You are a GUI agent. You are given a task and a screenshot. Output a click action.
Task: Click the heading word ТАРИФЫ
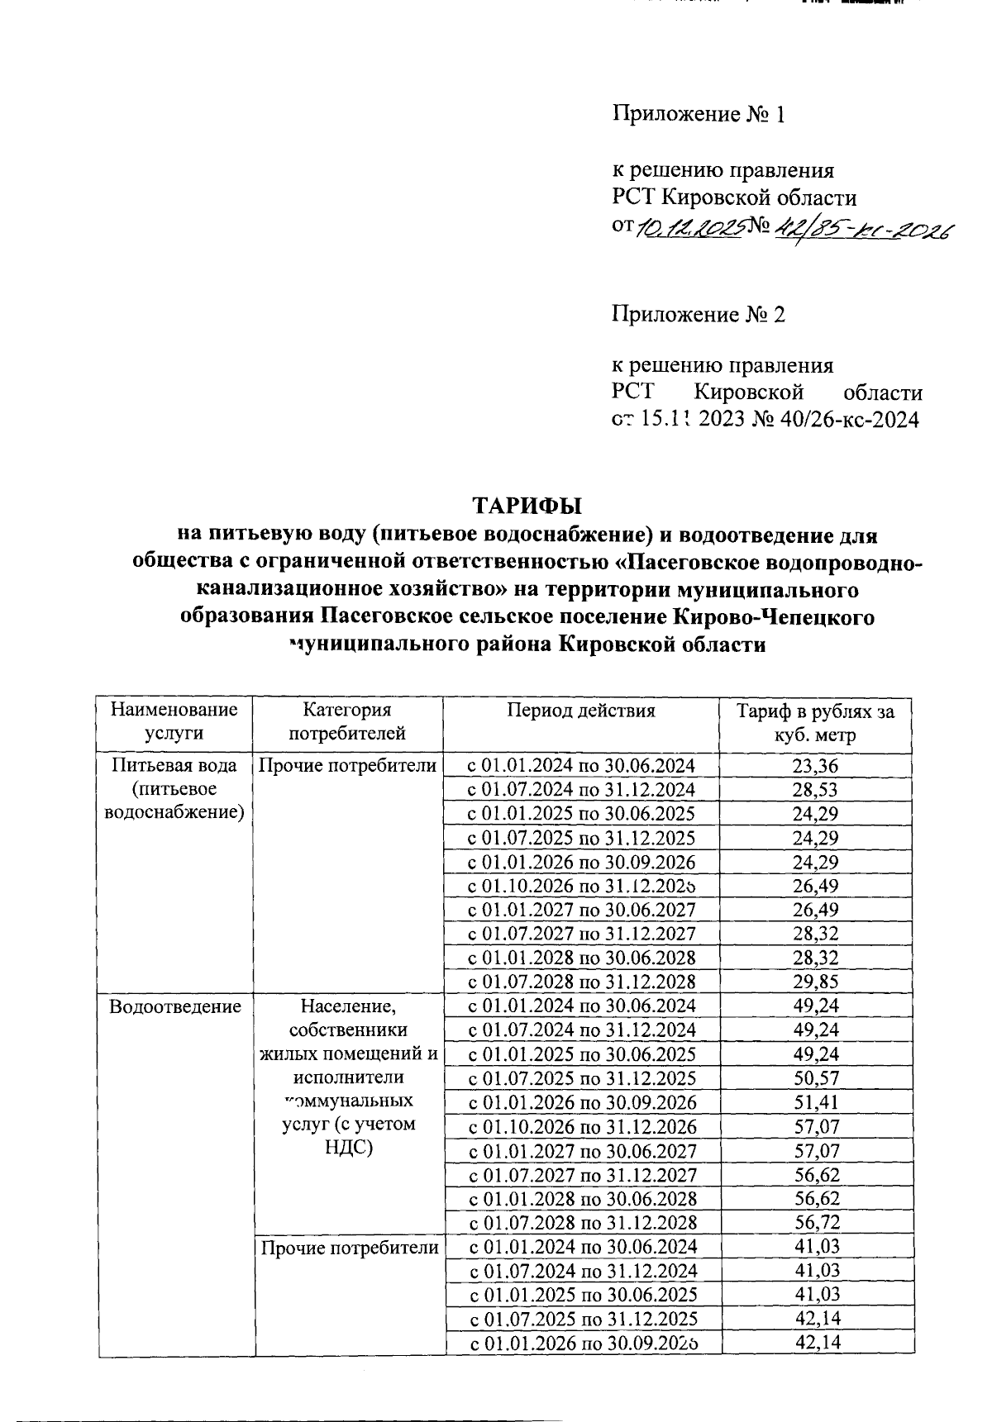tap(527, 505)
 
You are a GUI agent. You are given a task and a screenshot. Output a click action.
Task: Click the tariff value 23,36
tap(815, 765)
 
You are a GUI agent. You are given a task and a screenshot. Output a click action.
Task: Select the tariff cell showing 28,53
tap(815, 789)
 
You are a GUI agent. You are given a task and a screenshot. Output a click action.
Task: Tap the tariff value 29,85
tap(815, 982)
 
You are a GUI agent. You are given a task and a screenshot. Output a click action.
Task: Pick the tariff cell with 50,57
tap(815, 1077)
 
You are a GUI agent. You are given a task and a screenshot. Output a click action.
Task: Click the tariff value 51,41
tap(815, 1102)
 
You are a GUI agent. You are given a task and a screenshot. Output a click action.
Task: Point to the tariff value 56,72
tap(815, 1222)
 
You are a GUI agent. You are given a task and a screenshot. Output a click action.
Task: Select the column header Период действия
tap(581, 711)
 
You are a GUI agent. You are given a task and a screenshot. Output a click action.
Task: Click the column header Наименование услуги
tap(174, 721)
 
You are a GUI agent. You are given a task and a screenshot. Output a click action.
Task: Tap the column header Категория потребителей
tap(346, 721)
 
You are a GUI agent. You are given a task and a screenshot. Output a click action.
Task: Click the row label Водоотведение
tap(174, 1006)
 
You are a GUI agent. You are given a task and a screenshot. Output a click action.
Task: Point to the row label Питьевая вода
tap(174, 765)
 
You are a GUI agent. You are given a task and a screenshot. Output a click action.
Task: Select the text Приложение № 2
tap(698, 314)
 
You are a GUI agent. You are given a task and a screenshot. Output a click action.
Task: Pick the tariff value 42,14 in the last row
tap(815, 1342)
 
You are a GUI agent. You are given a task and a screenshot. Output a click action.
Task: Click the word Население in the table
tap(348, 1006)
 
